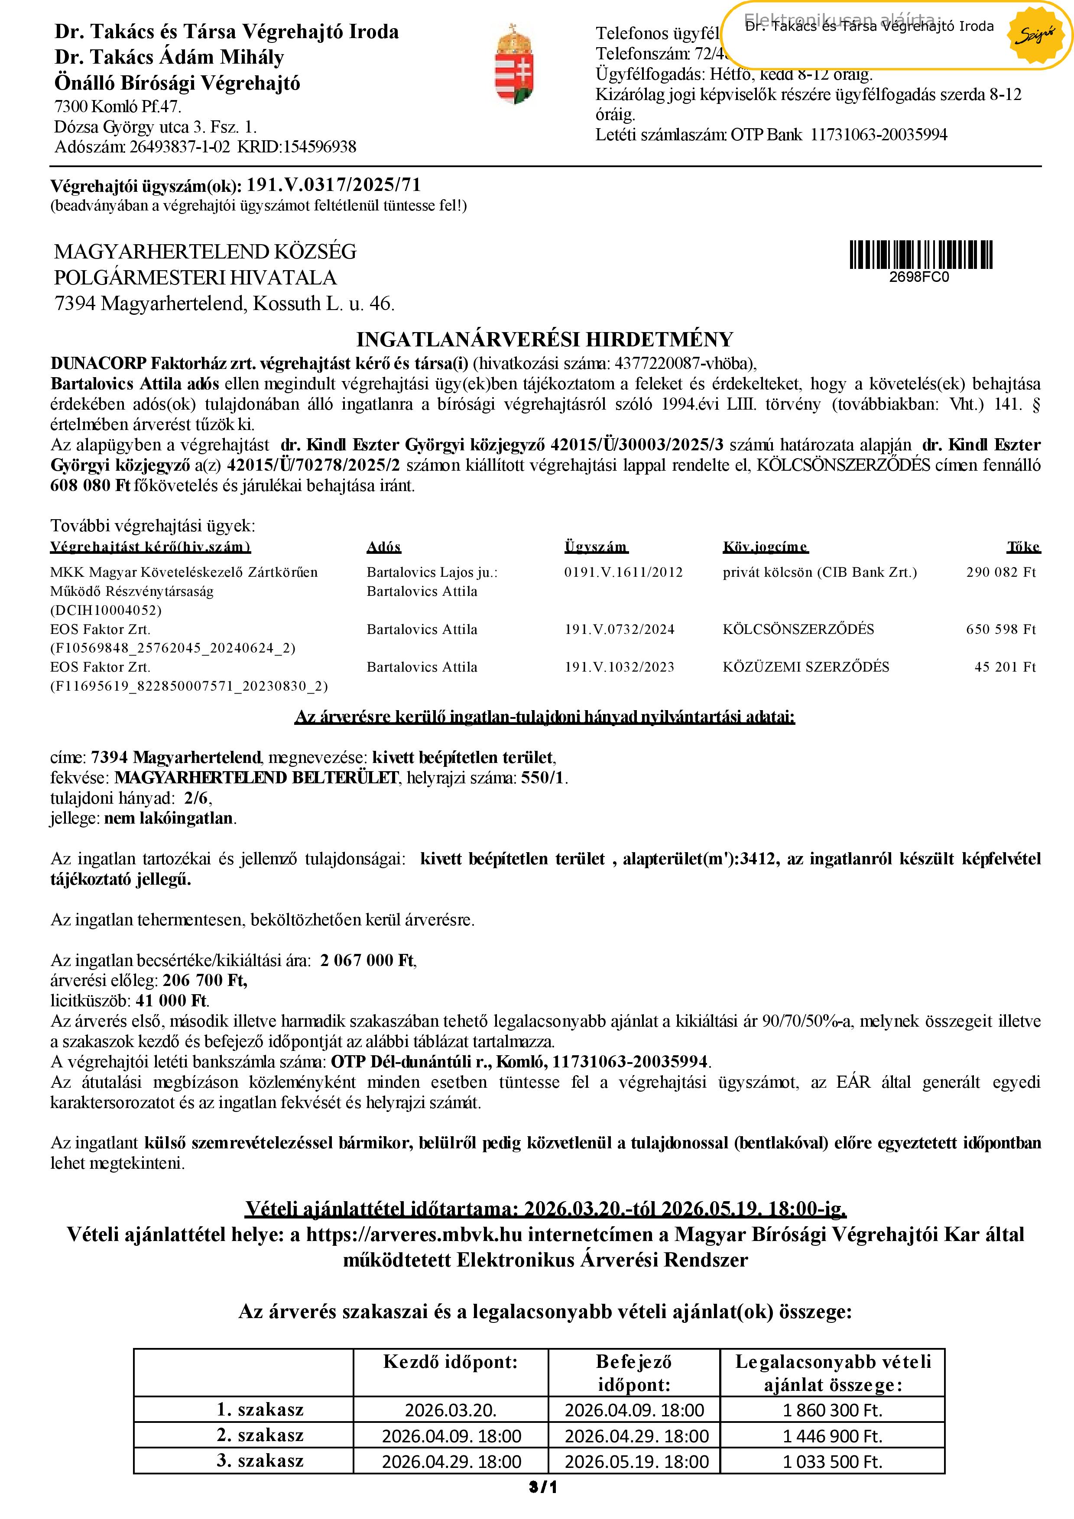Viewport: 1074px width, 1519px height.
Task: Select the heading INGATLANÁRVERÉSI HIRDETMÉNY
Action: click(545, 339)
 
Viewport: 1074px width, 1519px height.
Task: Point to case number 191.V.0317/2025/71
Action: click(334, 185)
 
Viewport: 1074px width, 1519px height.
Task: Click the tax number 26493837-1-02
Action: click(179, 146)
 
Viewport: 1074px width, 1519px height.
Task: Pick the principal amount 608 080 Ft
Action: click(90, 485)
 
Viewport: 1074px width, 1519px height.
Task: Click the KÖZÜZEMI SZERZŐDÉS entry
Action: click(805, 667)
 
